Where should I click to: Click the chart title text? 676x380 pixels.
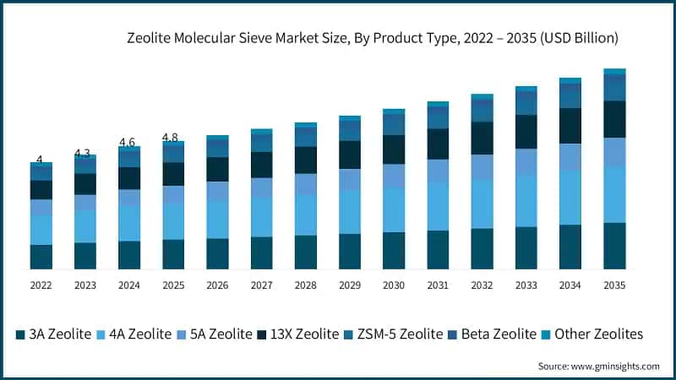372,38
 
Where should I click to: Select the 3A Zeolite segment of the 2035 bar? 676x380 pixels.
614,246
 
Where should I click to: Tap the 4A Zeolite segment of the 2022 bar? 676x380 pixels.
41,230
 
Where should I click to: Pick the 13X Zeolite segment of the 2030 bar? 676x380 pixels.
394,149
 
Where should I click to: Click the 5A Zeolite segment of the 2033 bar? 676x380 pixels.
526,162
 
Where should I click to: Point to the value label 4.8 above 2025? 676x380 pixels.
170,138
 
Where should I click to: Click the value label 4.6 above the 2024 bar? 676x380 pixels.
127,142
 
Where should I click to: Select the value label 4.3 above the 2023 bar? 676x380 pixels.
82,153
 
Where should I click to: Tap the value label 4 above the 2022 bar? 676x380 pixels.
39,160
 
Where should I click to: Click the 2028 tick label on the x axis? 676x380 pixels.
306,285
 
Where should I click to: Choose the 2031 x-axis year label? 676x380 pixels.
438,285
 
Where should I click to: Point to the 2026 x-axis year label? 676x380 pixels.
217,285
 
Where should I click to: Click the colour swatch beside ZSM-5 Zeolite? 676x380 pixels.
349,335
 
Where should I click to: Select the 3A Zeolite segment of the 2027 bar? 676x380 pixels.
261,253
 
